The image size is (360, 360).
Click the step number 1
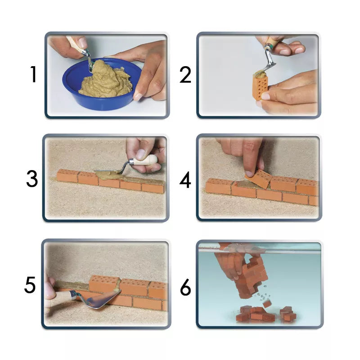tap(34, 74)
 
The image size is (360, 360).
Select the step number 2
tap(185, 75)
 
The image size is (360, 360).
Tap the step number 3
tap(32, 179)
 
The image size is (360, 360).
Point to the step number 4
tap(185, 180)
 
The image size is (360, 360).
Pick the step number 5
tap(30, 285)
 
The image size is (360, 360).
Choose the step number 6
tap(185, 287)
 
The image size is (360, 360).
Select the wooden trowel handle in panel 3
tap(145, 160)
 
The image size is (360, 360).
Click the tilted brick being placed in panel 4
tap(258, 178)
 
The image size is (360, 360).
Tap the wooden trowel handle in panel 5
tap(60, 297)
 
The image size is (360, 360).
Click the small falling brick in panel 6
tap(267, 304)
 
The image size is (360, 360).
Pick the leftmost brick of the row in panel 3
tap(67, 175)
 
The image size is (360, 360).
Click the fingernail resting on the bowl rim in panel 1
tap(138, 96)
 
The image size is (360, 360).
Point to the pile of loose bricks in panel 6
tap(266, 314)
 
